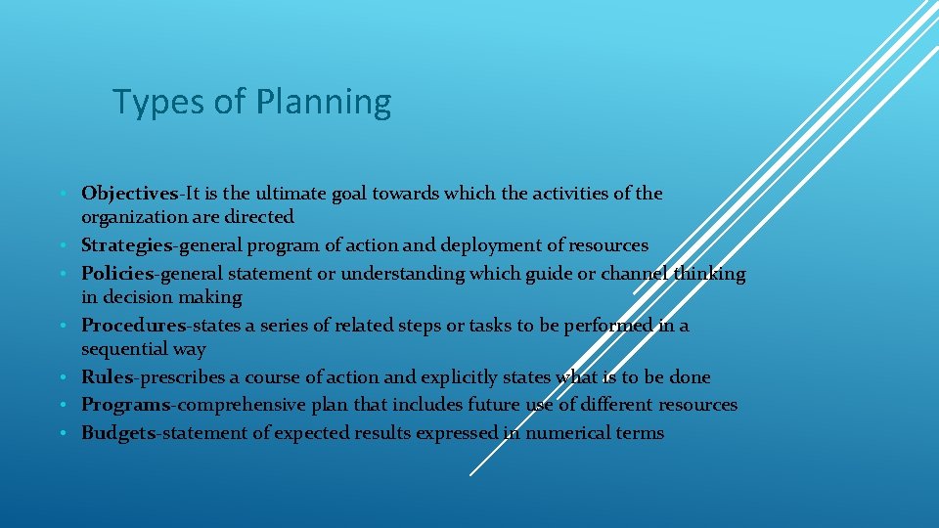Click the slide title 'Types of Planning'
click(251, 102)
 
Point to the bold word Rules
click(107, 377)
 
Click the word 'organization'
click(134, 216)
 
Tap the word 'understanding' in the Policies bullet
click(402, 274)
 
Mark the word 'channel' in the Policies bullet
click(639, 274)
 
